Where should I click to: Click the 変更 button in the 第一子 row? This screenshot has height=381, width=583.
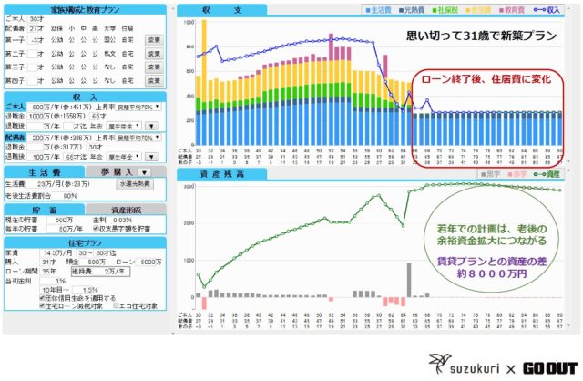[x=153, y=40]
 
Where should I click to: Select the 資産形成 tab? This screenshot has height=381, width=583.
[x=124, y=209]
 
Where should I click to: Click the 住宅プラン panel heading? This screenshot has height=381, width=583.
[x=84, y=242]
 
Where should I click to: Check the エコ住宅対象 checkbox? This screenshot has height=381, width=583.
[x=116, y=306]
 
